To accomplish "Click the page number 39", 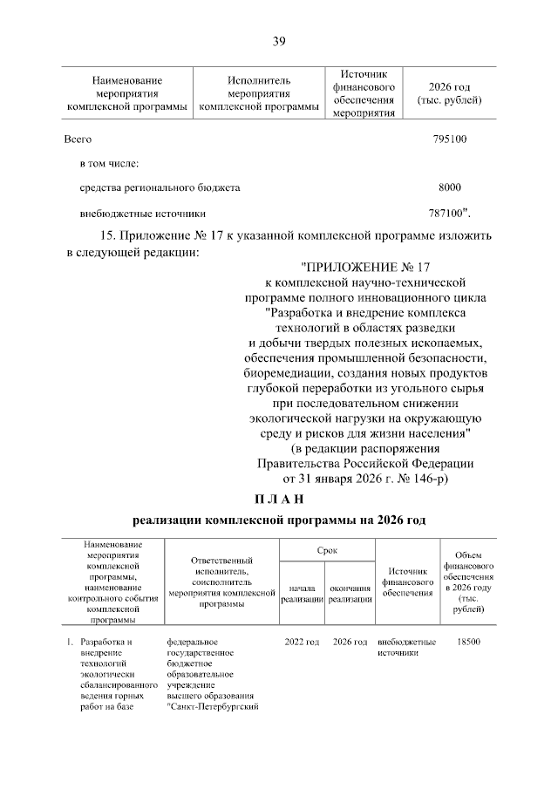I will click(x=279, y=41).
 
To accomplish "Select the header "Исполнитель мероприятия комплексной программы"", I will click(x=259, y=93).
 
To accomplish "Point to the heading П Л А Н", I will click(x=279, y=500).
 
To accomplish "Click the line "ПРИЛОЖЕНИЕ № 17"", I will click(x=366, y=267).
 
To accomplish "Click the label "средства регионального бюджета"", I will click(x=160, y=187).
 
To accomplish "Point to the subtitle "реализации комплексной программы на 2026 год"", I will click(x=279, y=520).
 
